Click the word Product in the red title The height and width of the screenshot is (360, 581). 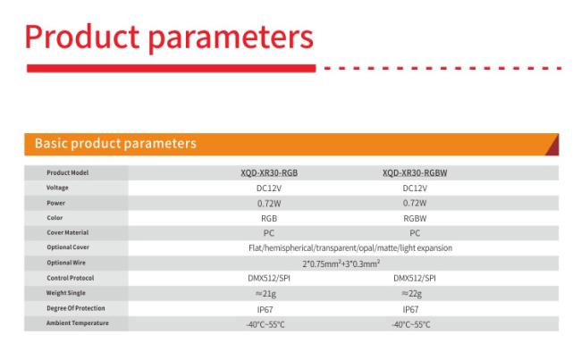click(82, 37)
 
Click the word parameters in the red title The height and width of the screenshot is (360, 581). click(231, 38)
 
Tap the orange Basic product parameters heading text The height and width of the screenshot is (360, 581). click(115, 143)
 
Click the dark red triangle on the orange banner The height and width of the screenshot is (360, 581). click(553, 146)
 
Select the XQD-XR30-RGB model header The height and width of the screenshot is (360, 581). click(269, 173)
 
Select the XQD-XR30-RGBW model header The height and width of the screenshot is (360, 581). click(415, 173)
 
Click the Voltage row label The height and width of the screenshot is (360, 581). click(57, 188)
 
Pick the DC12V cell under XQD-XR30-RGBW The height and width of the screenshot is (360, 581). click(415, 188)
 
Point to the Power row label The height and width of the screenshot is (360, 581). click(55, 203)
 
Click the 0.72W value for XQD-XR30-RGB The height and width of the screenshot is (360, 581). click(269, 204)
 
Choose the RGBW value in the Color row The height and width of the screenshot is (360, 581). click(415, 219)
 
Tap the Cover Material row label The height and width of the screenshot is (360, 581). click(67, 232)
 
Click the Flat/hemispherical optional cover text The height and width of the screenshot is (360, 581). click(350, 247)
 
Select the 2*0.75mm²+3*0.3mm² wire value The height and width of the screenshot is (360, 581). click(341, 264)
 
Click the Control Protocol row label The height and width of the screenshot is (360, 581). click(70, 278)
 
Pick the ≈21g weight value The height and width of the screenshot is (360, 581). click(265, 294)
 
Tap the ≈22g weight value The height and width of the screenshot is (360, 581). click(411, 294)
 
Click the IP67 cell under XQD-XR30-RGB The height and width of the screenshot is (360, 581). click(265, 309)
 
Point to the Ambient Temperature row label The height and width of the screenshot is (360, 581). click(78, 323)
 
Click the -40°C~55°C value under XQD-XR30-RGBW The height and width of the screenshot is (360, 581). click(411, 325)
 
